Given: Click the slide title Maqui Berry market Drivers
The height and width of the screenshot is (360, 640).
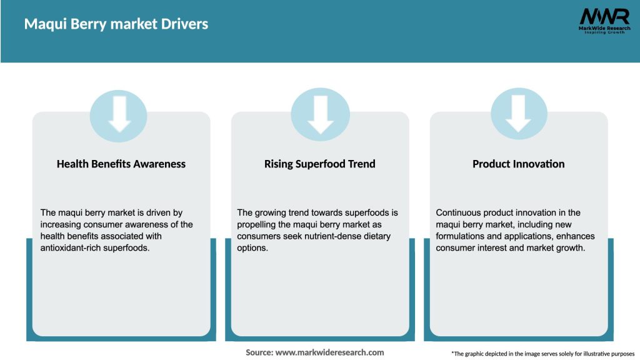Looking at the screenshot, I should pyautogui.click(x=116, y=24).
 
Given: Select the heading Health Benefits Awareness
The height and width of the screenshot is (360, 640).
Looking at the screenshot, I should pyautogui.click(x=121, y=164).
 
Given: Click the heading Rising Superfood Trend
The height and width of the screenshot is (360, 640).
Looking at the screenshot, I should pyautogui.click(x=320, y=164).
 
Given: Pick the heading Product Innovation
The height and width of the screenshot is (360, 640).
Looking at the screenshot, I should pyautogui.click(x=518, y=164).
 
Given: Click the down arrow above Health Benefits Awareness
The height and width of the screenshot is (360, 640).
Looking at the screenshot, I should pyautogui.click(x=119, y=113).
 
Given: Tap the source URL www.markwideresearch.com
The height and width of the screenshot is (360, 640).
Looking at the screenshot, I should pyautogui.click(x=331, y=352).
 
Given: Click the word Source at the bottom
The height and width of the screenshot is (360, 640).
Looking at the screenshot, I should pyautogui.click(x=259, y=352).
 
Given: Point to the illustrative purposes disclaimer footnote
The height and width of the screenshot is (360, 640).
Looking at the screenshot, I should pyautogui.click(x=542, y=354).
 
